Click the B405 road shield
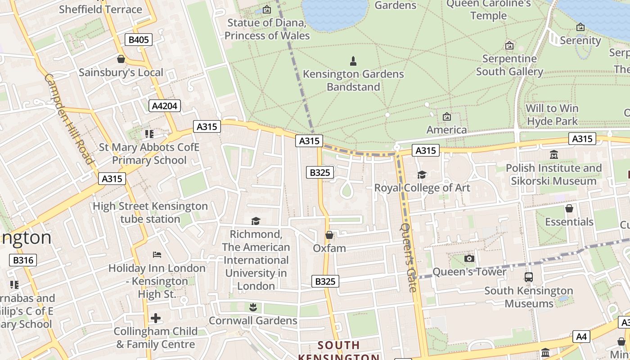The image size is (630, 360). tap(139, 40)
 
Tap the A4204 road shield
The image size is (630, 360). tap(165, 106)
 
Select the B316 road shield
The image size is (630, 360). tap(22, 260)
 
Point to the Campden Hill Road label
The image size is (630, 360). tap(69, 119)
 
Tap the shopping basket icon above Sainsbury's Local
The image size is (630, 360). tap(121, 59)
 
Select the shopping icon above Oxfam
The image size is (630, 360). tap(329, 235)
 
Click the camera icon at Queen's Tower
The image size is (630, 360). tap(469, 258)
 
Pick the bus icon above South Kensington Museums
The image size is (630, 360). tap(529, 277)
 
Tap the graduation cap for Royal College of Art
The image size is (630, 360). tap(422, 175)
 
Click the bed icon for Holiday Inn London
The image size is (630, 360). tap(157, 255)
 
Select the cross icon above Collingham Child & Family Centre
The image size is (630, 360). tap(156, 318)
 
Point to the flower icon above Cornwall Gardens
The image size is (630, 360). tap(253, 307)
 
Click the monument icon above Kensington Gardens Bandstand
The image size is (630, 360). tap(353, 61)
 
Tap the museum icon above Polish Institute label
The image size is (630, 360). tap(553, 155)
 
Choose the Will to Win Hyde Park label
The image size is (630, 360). tap(552, 115)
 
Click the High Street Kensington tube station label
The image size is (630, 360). tap(150, 213)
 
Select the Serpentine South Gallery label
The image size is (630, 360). tap(509, 65)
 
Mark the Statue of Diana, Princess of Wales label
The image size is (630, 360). tap(267, 29)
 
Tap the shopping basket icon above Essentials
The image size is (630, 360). tap(569, 208)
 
